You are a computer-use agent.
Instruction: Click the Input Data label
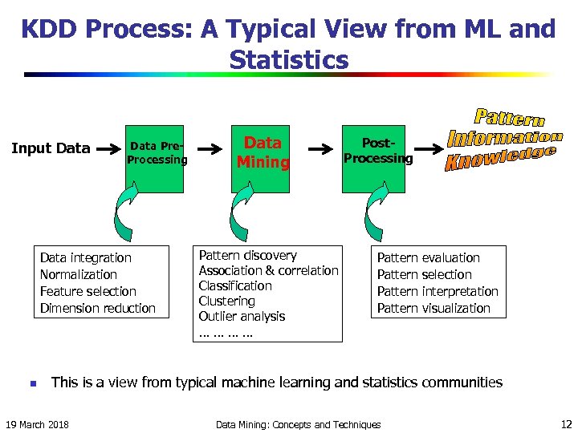(50, 148)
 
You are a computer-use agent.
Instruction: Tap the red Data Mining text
(263, 152)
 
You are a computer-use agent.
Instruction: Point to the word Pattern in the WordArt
(509, 119)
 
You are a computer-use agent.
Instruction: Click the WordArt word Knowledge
(499, 157)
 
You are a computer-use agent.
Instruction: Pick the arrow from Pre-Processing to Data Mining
(210, 148)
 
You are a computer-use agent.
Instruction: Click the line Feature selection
(88, 291)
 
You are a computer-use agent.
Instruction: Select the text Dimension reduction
(98, 308)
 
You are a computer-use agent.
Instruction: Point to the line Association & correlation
(268, 270)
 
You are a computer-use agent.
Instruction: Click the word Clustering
(226, 301)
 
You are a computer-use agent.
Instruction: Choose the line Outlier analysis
(242, 316)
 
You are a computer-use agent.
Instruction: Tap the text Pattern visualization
(433, 308)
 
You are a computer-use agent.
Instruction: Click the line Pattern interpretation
(438, 291)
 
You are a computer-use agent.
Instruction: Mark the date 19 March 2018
(37, 423)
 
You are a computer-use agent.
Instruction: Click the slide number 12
(565, 423)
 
